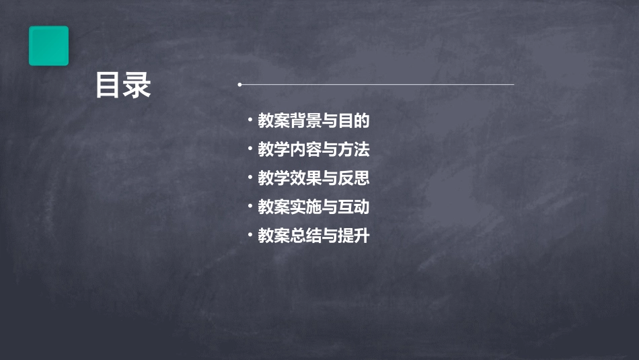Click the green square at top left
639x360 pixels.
[x=48, y=46]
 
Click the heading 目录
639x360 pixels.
[x=123, y=86]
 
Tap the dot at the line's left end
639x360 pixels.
[x=239, y=85]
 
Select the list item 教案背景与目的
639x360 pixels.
[x=314, y=121]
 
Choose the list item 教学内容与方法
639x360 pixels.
[x=314, y=149]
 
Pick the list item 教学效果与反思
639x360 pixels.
[x=314, y=178]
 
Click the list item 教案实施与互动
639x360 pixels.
[x=314, y=207]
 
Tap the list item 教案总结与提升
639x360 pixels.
[x=314, y=236]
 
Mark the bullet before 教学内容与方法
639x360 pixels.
[x=250, y=149]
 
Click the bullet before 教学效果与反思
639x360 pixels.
[x=250, y=178]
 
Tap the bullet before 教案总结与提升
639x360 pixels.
[x=250, y=236]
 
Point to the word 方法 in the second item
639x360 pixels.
[x=354, y=149]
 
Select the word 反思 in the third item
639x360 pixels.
[x=354, y=178]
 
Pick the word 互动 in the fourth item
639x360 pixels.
[x=354, y=207]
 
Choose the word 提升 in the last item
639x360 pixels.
[x=354, y=236]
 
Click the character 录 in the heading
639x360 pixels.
[x=138, y=86]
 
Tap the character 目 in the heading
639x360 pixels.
[x=108, y=86]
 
